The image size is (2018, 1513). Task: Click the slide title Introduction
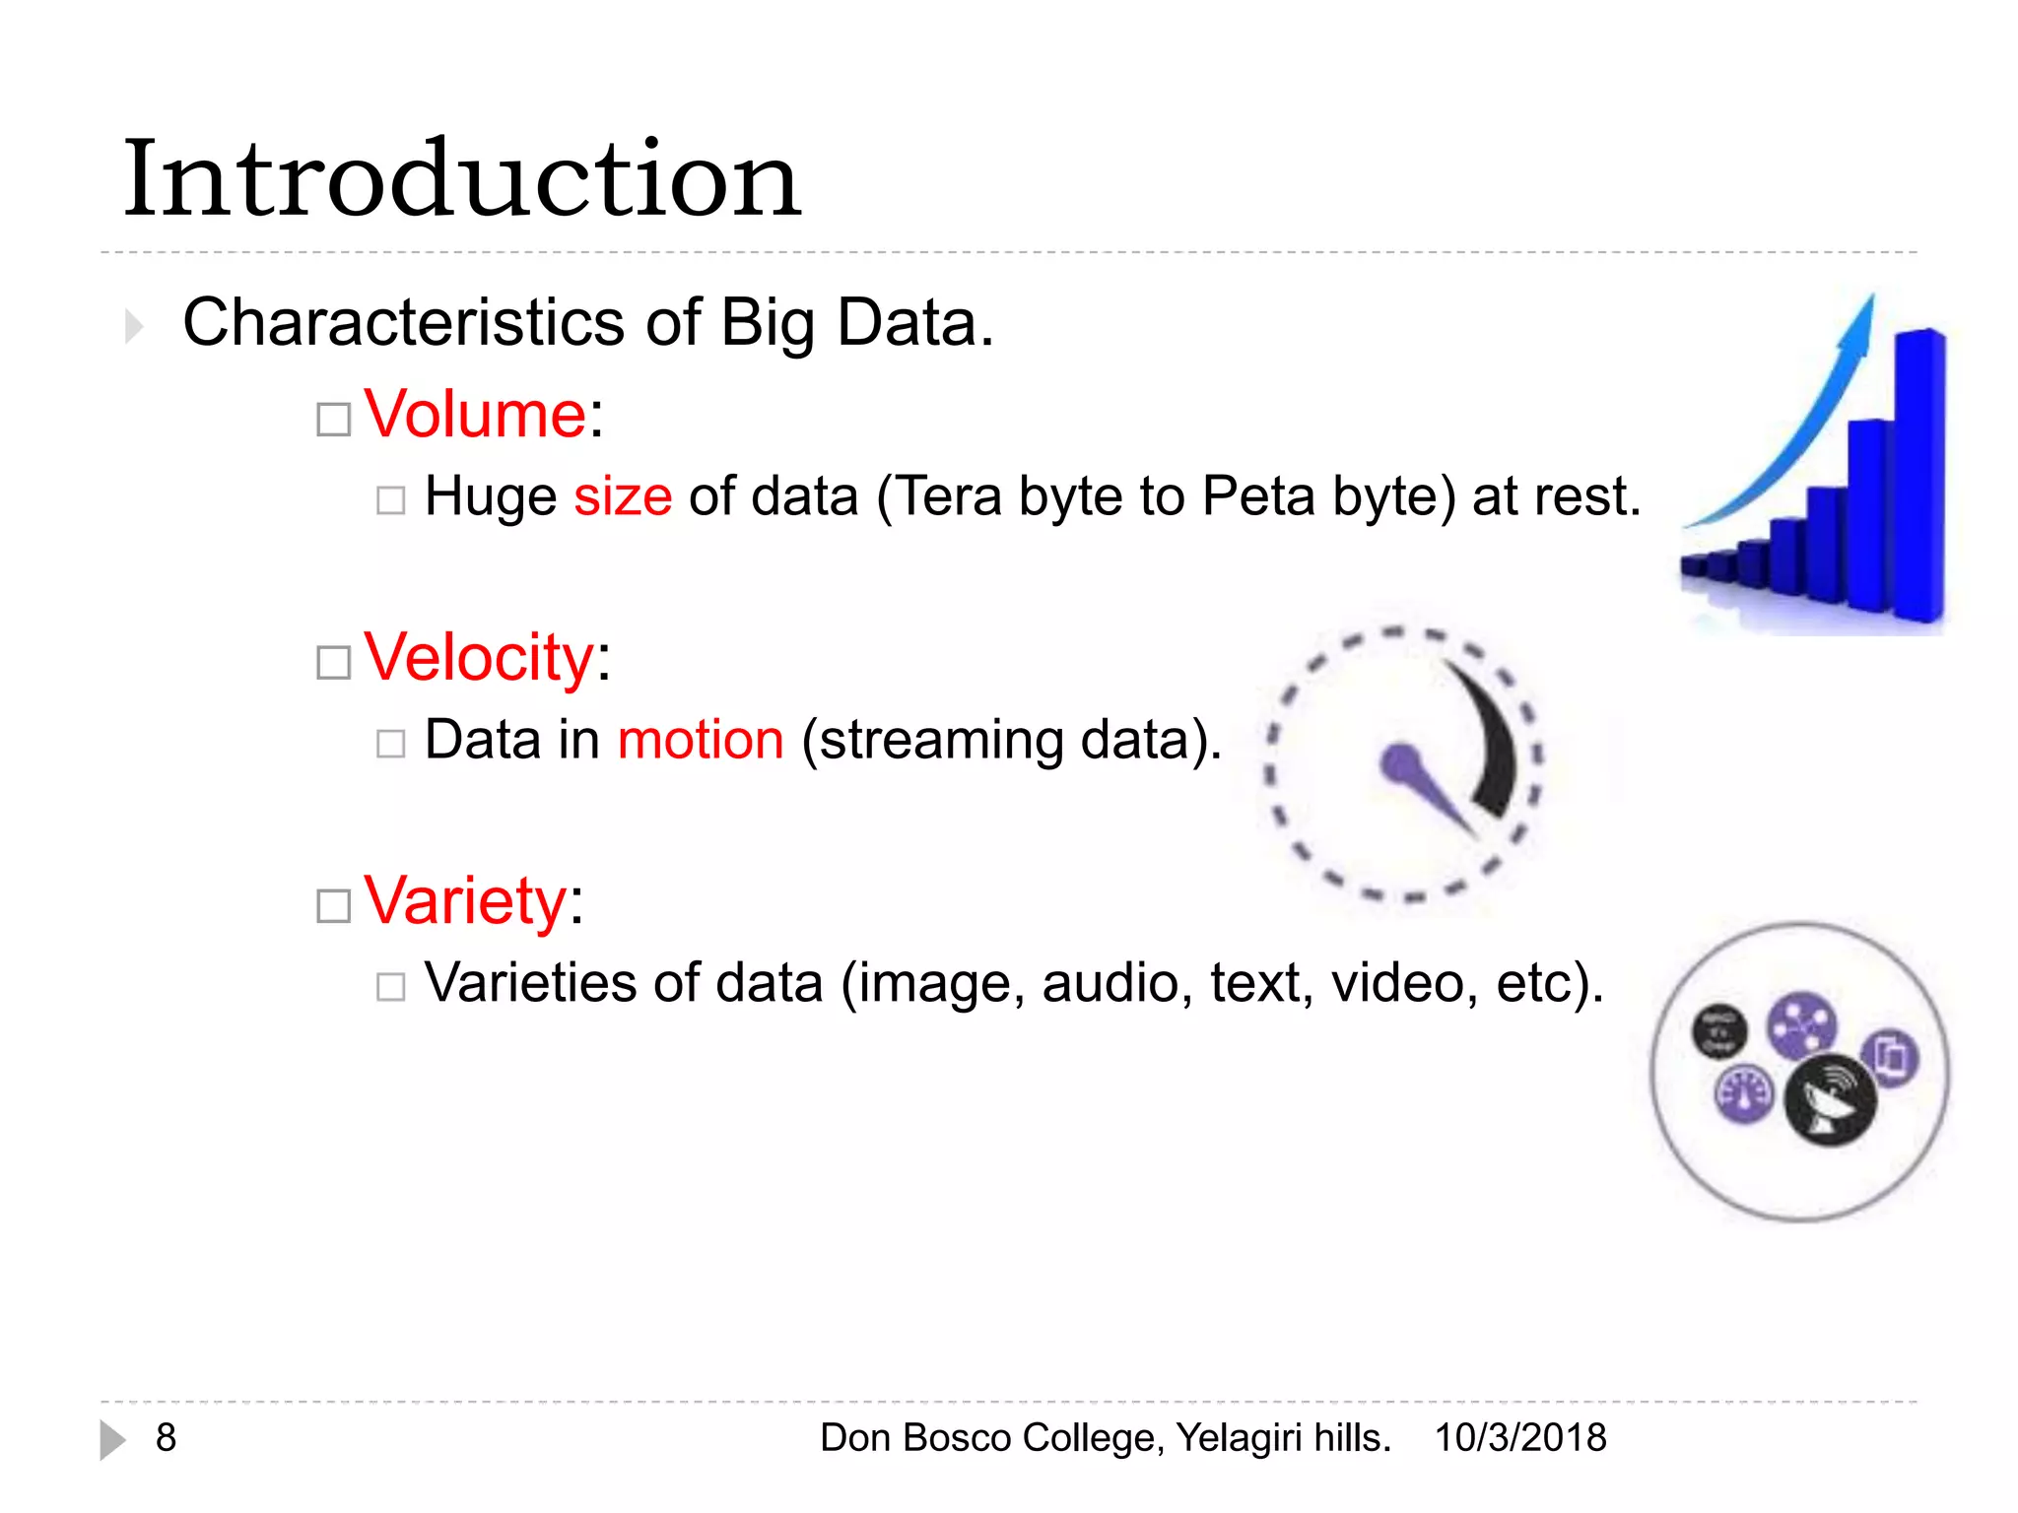(461, 180)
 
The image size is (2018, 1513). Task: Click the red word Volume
(475, 414)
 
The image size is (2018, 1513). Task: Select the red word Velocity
(479, 657)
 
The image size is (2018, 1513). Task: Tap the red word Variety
(465, 900)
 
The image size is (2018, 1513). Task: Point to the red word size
(623, 496)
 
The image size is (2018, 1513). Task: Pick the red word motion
(701, 740)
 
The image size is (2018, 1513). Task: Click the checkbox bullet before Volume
(334, 420)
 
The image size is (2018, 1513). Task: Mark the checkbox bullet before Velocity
(334, 663)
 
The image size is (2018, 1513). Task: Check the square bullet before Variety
(334, 906)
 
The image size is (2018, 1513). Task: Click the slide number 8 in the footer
(166, 1438)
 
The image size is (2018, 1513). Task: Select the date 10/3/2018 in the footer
(1519, 1438)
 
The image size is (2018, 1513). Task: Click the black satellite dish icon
(1830, 1101)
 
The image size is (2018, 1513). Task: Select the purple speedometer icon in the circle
(1745, 1094)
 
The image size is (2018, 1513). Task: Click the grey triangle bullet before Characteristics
(134, 326)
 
